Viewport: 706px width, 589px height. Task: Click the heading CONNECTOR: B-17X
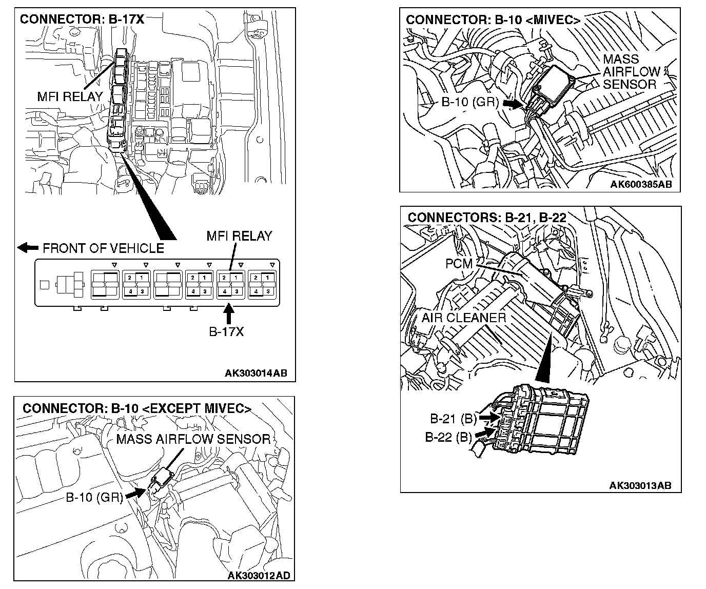pyautogui.click(x=82, y=19)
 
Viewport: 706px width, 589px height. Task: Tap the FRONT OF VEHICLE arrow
pyautogui.click(x=28, y=248)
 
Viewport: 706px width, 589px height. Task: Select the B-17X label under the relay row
pyautogui.click(x=226, y=331)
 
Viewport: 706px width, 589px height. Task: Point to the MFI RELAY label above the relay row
pyautogui.click(x=239, y=236)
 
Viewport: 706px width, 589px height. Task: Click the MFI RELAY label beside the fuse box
pyautogui.click(x=70, y=96)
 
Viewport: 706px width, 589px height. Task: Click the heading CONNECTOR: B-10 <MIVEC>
pyautogui.click(x=493, y=20)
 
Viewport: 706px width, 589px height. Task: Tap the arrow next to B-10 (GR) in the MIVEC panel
pyautogui.click(x=512, y=103)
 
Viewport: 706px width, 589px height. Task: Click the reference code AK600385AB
pyautogui.click(x=641, y=184)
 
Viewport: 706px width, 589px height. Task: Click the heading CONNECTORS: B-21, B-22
pyautogui.click(x=487, y=218)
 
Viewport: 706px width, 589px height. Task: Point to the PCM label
pyautogui.click(x=461, y=264)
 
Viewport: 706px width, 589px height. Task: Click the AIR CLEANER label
pyautogui.click(x=464, y=318)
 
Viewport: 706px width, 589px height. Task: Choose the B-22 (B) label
pyautogui.click(x=448, y=437)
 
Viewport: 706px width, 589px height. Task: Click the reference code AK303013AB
pyautogui.click(x=640, y=485)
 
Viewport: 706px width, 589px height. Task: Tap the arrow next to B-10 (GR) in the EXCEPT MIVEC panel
pyautogui.click(x=134, y=493)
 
